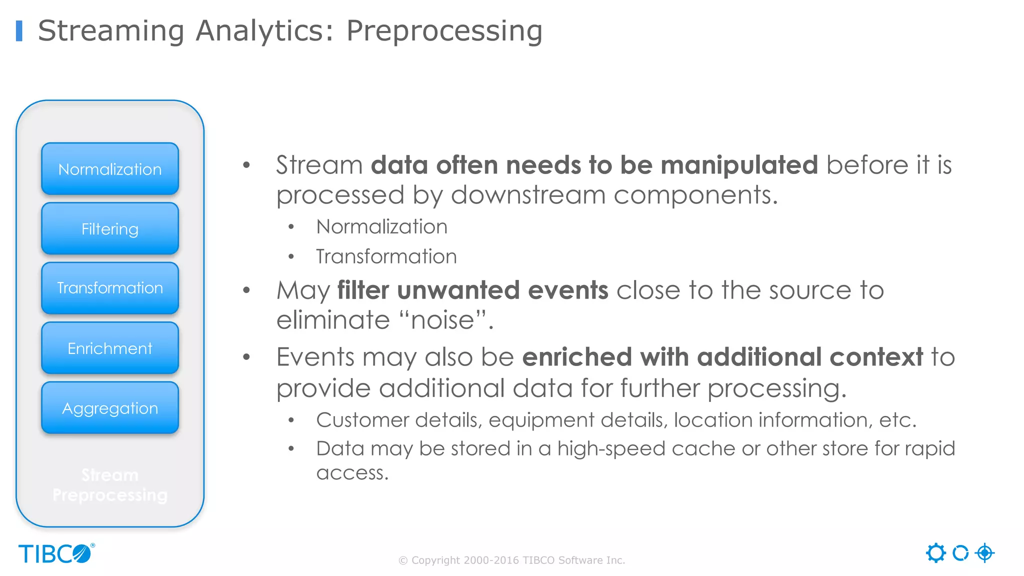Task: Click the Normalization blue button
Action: (110, 169)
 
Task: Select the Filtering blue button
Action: (110, 229)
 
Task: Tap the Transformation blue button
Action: (110, 288)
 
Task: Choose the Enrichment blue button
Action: (110, 348)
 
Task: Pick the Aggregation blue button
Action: (110, 408)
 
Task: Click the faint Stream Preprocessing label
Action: (110, 484)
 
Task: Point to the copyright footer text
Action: (511, 560)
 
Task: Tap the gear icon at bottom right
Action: (935, 553)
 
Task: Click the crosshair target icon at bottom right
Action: (984, 553)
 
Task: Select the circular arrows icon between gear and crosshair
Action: (960, 553)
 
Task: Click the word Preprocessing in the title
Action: (444, 31)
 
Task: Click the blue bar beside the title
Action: (19, 30)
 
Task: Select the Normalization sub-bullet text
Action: (381, 227)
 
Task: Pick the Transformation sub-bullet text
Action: (386, 256)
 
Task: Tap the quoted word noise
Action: (442, 320)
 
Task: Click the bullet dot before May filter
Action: (246, 290)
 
